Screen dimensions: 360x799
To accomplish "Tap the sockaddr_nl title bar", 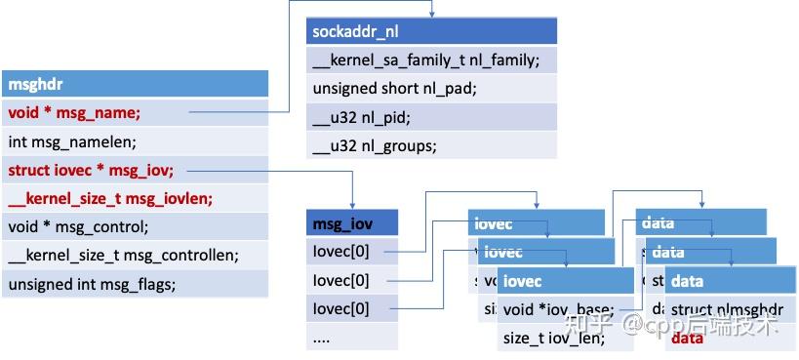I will pyautogui.click(x=431, y=31).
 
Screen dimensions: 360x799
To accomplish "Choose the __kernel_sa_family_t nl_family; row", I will pyautogui.click(x=431, y=60).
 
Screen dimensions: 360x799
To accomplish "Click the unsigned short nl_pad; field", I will pyautogui.click(x=431, y=89).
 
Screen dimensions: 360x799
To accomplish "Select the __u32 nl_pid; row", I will pyautogui.click(x=431, y=118).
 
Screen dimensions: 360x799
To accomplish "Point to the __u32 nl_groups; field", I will pyautogui.click(x=431, y=146).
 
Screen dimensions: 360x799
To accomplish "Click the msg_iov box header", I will pyautogui.click(x=352, y=223).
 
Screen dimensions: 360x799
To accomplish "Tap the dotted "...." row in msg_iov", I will pyautogui.click(x=352, y=339).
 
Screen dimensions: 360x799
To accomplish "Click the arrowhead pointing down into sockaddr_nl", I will pyautogui.click(x=431, y=14).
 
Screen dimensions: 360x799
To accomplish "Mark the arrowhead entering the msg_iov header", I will pyautogui.click(x=352, y=205).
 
